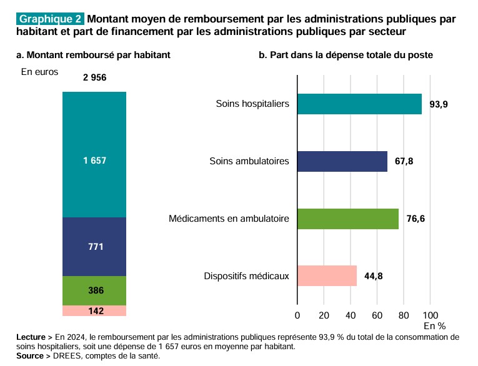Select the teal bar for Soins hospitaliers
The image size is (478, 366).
[x=359, y=104]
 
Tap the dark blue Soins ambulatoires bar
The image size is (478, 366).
[x=342, y=161]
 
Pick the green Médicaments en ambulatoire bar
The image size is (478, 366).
[x=347, y=219]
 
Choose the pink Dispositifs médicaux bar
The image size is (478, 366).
[x=327, y=275]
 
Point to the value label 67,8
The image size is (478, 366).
[x=404, y=161]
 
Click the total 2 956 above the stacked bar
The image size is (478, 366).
[x=94, y=78]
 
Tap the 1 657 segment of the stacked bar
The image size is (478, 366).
[x=94, y=161]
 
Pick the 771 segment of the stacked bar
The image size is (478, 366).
[x=94, y=246]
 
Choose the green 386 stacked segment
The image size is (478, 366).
[x=94, y=290]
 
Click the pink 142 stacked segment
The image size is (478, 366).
[x=94, y=310]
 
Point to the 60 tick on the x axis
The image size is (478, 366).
[x=377, y=315]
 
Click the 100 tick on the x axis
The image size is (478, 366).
[x=431, y=315]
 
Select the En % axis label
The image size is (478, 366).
[x=435, y=326]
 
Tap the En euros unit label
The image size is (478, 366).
[x=39, y=72]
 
